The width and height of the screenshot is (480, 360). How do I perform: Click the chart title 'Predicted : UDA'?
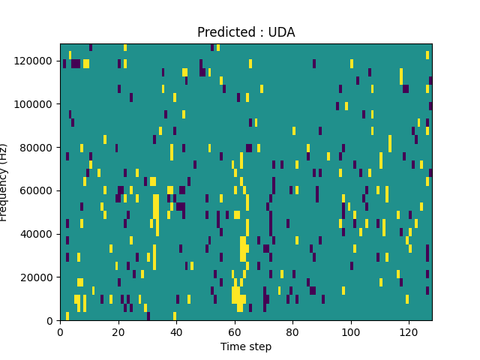pos(246,32)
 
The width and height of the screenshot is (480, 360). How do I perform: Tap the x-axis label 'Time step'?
pos(246,346)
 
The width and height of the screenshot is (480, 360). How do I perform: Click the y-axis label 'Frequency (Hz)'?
pos(4,182)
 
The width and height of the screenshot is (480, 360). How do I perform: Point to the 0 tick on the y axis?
pos(51,321)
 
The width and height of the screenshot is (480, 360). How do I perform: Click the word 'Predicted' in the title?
pos(223,32)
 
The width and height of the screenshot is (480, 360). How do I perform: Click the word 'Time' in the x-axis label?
pos(232,346)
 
